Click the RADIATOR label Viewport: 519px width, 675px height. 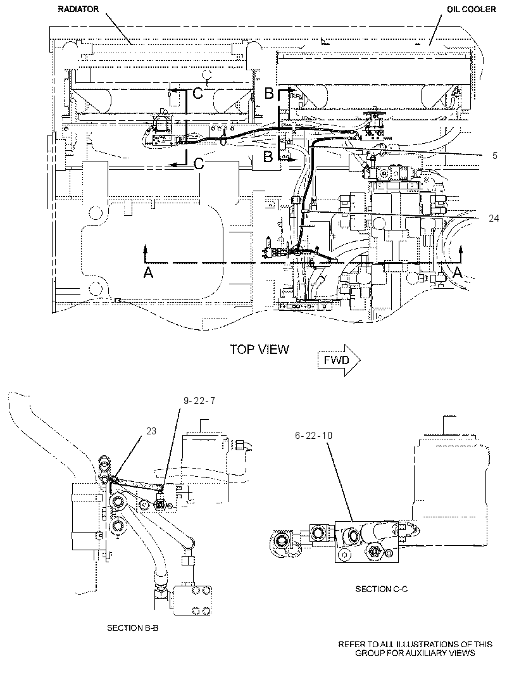point(78,9)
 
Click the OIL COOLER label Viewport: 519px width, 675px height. point(472,9)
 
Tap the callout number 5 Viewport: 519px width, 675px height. point(495,155)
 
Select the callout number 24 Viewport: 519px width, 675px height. point(494,218)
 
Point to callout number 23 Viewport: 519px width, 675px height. point(151,431)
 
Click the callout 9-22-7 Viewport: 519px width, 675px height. point(199,401)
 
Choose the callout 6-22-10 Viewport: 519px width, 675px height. point(314,435)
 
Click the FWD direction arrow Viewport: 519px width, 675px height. point(339,360)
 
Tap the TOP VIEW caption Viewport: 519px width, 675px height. point(259,349)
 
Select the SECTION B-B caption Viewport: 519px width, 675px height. point(132,628)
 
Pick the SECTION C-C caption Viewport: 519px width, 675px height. point(381,589)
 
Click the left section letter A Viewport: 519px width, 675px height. point(148,272)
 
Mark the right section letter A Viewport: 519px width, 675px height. point(458,272)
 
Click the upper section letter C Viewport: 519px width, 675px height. point(197,93)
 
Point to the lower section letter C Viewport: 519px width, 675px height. point(198,163)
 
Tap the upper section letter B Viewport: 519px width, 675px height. point(269,93)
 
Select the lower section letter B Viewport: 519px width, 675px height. point(268,156)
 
